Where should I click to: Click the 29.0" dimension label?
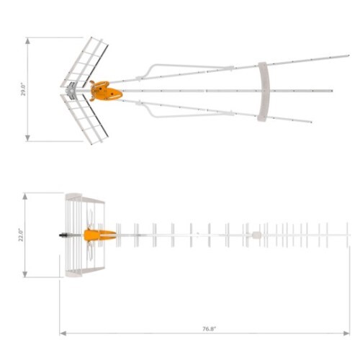tap(23, 89)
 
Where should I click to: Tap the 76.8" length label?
tap(209, 328)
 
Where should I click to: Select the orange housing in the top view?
tap(106, 91)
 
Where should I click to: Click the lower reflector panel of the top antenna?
tap(85, 118)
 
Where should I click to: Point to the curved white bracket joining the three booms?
tap(263, 91)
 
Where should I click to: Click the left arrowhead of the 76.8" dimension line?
tap(62, 333)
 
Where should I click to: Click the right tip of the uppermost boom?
tap(348, 55)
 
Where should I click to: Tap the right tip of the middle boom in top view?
tap(333, 91)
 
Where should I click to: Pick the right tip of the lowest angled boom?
tap(311, 122)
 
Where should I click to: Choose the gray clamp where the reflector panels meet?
tap(71, 90)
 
